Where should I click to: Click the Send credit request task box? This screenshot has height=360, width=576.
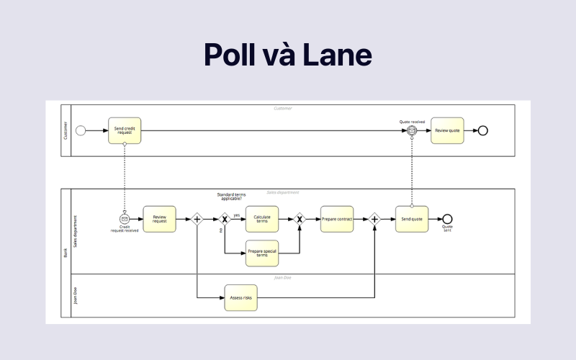(125, 130)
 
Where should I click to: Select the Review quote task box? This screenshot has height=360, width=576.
(447, 130)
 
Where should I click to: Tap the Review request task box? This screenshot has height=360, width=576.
(159, 219)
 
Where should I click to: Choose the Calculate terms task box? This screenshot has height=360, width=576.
(261, 219)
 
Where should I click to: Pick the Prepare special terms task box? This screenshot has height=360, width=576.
(261, 253)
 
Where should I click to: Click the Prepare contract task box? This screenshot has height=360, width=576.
(337, 219)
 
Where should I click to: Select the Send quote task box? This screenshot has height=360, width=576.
(412, 219)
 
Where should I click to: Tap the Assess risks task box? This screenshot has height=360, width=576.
(240, 297)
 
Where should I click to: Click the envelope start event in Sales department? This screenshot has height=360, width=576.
(124, 219)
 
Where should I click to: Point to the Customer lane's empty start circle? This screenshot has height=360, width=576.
(81, 130)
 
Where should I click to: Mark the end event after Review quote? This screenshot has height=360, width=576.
(483, 130)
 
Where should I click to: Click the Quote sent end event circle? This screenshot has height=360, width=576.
(447, 219)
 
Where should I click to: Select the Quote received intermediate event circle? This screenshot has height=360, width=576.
(412, 130)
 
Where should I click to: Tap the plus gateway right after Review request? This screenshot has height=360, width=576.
(197, 219)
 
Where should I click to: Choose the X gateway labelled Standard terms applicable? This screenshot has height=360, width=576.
(225, 219)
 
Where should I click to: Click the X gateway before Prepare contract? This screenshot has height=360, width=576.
(300, 219)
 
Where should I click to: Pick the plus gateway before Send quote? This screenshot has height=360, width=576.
(374, 219)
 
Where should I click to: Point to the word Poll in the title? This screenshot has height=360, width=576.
(231, 55)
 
